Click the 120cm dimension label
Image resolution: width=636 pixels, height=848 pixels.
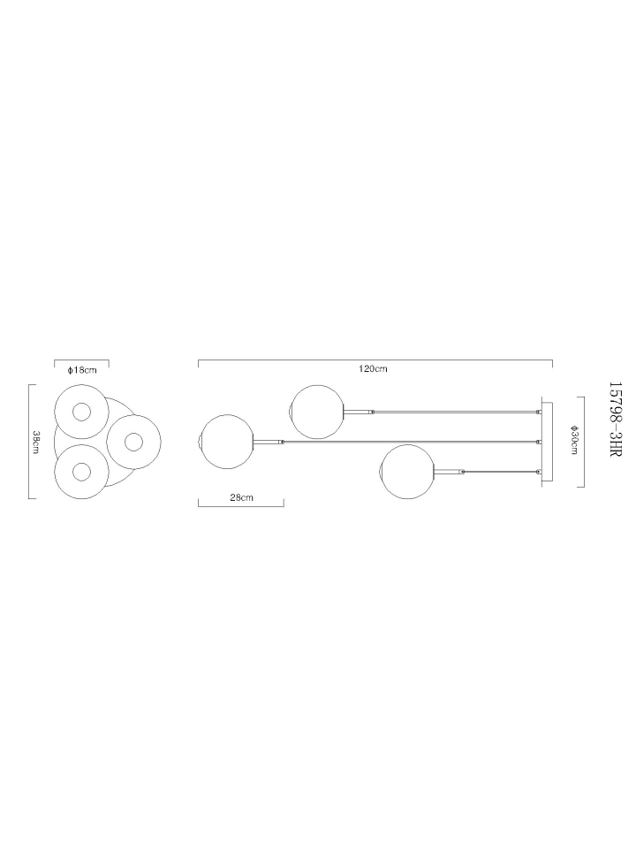point(373,369)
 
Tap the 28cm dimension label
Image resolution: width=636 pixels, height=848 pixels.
point(241,497)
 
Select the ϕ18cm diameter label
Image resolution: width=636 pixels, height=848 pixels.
point(82,370)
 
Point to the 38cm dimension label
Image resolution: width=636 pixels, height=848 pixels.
point(36,443)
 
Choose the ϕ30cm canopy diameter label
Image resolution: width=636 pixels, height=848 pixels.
point(574,440)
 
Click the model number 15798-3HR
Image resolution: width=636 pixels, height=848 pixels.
point(616,419)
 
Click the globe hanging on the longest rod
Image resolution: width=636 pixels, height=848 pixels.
point(226,442)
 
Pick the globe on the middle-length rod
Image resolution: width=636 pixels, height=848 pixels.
point(317,412)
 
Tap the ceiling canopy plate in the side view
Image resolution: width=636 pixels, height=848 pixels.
point(547,442)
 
